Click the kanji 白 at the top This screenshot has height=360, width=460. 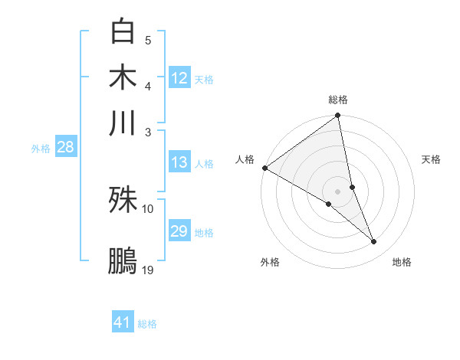[123, 31]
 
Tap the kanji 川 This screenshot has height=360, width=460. [123, 123]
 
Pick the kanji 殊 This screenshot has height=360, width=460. [123, 200]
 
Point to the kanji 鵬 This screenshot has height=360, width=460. [123, 260]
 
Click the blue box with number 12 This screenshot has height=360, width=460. [179, 78]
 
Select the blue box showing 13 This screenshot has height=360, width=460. [179, 162]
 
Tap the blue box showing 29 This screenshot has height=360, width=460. [179, 231]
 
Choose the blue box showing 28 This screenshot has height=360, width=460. [65, 147]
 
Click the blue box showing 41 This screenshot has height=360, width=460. [123, 322]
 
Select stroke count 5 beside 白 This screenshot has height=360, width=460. [148, 40]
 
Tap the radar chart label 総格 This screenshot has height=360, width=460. [338, 100]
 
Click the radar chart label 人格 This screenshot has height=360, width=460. [245, 159]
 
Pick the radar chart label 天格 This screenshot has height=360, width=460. [431, 159]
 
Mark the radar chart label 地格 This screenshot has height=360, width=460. [402, 262]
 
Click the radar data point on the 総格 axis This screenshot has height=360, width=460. [338, 116]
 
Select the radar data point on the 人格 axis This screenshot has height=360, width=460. [264, 168]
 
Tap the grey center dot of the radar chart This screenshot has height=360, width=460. [338, 191]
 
